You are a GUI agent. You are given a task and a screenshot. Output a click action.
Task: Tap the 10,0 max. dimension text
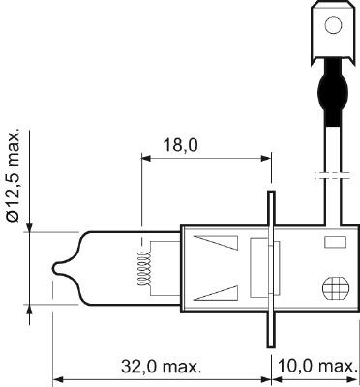click(x=315, y=368)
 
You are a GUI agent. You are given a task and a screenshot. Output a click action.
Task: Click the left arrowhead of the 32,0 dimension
click(x=55, y=380)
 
